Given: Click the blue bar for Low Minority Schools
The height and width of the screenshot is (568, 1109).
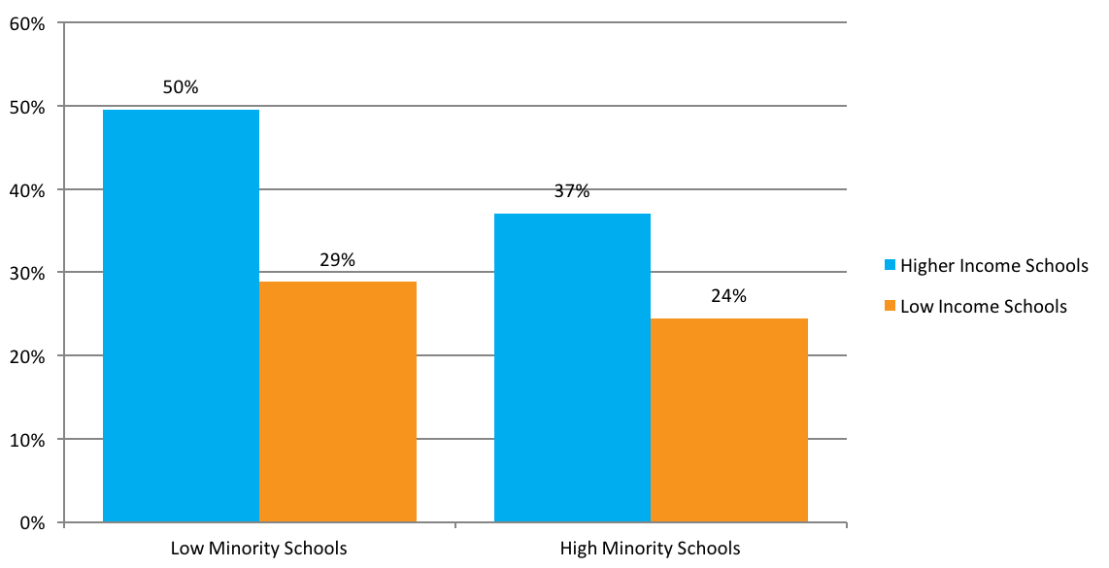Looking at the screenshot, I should (x=181, y=316).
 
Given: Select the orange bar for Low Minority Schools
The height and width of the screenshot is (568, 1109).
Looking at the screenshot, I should (x=338, y=401).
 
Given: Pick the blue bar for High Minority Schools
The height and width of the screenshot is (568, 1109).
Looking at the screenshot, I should (x=572, y=367).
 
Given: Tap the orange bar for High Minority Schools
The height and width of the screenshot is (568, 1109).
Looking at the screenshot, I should (x=729, y=419).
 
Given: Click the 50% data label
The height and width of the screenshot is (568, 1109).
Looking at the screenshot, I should (x=181, y=87).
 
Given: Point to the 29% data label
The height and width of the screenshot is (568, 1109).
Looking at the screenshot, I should (x=338, y=260).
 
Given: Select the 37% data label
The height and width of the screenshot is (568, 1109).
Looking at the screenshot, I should (x=572, y=191).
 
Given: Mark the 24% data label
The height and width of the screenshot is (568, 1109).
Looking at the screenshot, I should (x=729, y=296).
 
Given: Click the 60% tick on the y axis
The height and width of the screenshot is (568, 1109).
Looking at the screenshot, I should (x=27, y=23).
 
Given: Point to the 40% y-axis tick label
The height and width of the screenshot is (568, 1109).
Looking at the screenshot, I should (x=27, y=190).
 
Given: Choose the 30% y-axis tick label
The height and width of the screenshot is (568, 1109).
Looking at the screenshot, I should (x=27, y=273).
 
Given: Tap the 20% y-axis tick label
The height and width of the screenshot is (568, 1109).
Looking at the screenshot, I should (x=27, y=356).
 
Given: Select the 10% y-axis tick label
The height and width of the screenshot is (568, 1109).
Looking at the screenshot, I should (x=27, y=440).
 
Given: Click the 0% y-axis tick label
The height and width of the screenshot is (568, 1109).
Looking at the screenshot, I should (x=31, y=523).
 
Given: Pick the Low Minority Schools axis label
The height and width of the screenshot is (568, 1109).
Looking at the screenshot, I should (x=258, y=549).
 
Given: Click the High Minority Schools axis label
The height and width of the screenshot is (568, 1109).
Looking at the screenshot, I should (x=650, y=549).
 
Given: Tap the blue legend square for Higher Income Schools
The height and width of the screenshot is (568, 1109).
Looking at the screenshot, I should (x=890, y=265).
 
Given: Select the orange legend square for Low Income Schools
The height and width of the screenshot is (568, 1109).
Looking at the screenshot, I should (x=890, y=307).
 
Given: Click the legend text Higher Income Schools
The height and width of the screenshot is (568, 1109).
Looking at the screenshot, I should (x=994, y=265).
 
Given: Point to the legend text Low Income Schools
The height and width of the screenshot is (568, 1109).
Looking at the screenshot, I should (x=984, y=307).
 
